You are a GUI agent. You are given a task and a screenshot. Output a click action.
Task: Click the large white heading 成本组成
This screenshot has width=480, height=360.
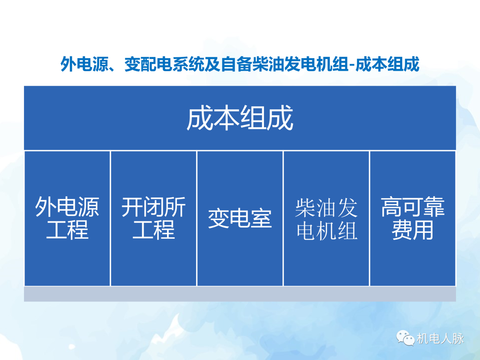pyautogui.click(x=240, y=119)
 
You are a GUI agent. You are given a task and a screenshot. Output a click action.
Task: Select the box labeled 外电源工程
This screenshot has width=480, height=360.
pyautogui.click(x=67, y=219)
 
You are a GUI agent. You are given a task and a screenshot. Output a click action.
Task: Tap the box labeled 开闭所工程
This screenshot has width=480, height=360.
pyautogui.click(x=153, y=219)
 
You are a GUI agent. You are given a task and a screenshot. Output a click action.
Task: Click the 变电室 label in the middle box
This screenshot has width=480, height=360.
pyautogui.click(x=240, y=219)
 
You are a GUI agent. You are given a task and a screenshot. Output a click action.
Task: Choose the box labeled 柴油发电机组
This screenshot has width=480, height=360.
pyautogui.click(x=326, y=219)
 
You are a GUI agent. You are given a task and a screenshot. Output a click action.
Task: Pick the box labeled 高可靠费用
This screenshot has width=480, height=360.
pyautogui.click(x=412, y=219)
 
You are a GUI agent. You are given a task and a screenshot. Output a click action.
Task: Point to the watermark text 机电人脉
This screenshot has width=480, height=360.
pyautogui.click(x=440, y=339)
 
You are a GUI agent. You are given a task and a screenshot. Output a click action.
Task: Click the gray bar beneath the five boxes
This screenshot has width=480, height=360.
pyautogui.click(x=240, y=294)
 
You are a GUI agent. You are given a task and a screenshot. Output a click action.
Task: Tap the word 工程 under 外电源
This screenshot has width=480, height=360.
pyautogui.click(x=67, y=230)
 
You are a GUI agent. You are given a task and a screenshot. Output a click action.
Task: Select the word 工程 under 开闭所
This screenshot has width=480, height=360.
pyautogui.click(x=153, y=230)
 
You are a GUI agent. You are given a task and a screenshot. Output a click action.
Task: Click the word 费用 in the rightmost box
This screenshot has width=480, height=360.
pyautogui.click(x=412, y=230)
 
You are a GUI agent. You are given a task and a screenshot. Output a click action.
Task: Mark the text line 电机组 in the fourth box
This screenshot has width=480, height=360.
pyautogui.click(x=326, y=230)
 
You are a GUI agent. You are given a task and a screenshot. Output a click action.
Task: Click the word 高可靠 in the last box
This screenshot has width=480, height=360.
pyautogui.click(x=412, y=208)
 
